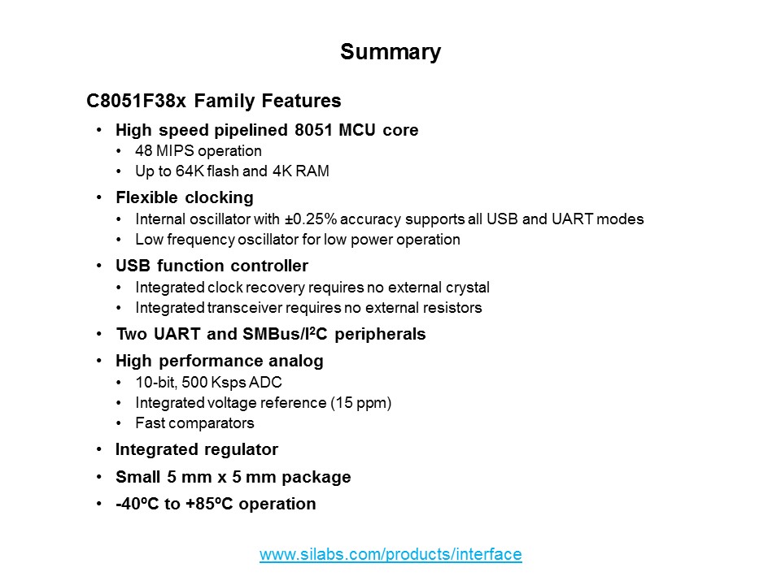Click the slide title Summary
click(x=390, y=52)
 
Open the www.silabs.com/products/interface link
click(x=390, y=555)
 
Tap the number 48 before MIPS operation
click(x=143, y=151)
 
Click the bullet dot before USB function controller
click(x=99, y=266)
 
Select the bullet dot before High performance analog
click(x=99, y=360)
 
